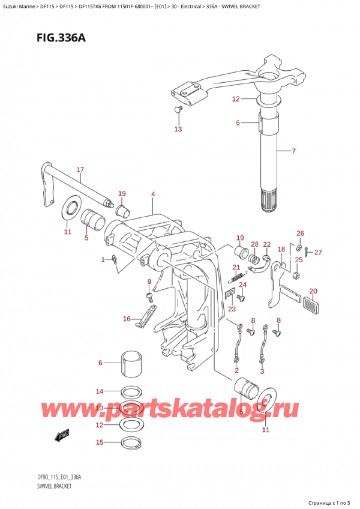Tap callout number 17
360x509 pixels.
tap(80, 170)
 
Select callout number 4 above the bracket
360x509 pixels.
tap(153, 194)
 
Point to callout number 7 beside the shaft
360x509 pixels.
tap(293, 151)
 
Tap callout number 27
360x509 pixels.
tap(319, 252)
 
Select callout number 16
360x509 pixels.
tap(127, 319)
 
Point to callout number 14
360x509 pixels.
tap(100, 391)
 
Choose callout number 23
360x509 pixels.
tap(232, 309)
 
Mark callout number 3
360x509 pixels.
tap(263, 372)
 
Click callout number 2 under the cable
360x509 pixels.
tap(236, 372)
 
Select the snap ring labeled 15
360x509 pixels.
tap(131, 444)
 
